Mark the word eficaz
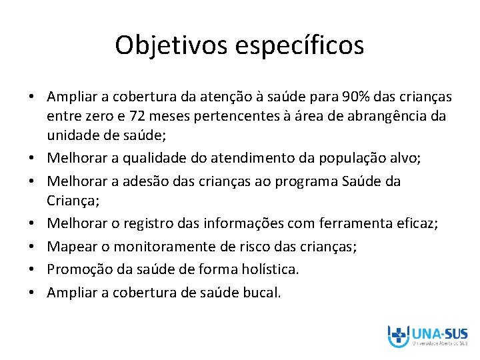[417, 224]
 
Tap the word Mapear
[71, 247]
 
